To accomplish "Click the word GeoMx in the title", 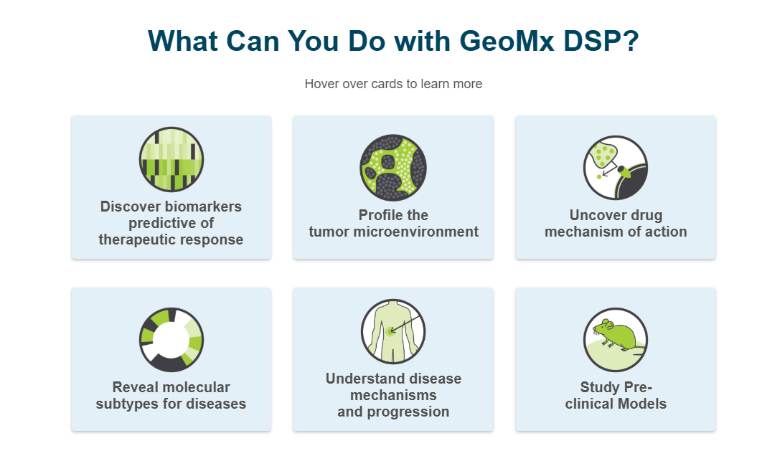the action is [x=507, y=41].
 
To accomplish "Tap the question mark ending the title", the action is [x=631, y=41].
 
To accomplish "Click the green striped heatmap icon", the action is [x=171, y=160].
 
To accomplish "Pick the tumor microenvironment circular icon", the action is [x=393, y=168].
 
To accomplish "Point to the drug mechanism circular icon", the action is [x=616, y=168].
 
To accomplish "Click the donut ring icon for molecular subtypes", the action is [x=171, y=340].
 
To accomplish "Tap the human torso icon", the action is [x=393, y=331].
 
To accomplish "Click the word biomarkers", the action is [x=206, y=206].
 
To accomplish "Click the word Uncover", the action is [x=592, y=214].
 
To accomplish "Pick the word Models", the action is [x=641, y=404].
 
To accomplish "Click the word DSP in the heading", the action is [x=590, y=41].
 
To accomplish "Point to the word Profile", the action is [x=378, y=214].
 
